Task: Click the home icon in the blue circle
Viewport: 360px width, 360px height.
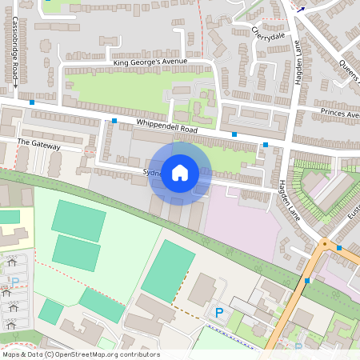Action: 180,173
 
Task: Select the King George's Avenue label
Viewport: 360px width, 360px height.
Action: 150,62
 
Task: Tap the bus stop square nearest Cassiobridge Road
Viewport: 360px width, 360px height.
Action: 32,102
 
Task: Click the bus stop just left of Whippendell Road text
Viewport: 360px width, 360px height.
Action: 114,121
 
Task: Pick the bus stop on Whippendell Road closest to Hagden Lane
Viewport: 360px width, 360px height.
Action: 266,145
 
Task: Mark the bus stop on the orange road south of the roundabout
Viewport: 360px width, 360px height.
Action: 307,281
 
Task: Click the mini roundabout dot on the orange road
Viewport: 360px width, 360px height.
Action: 324,242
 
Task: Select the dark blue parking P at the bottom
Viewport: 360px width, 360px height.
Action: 219,312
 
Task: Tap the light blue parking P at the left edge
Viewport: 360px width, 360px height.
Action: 14,282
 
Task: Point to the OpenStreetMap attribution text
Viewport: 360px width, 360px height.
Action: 81,354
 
